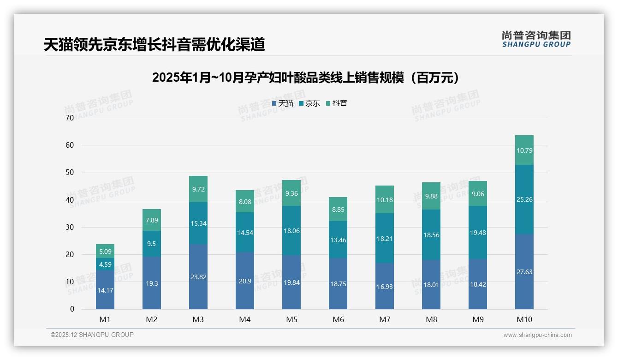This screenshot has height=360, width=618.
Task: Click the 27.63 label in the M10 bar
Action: pos(524,272)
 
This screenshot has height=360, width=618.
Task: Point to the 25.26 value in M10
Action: pos(524,199)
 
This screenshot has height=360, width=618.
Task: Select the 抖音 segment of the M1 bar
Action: pos(105,251)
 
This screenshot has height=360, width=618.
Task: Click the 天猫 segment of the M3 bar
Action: pos(198,277)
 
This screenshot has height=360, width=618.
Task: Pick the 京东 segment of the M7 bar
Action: pos(385,238)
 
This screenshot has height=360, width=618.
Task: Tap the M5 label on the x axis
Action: pos(291,319)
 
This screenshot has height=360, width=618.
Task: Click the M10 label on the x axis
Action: pos(524,319)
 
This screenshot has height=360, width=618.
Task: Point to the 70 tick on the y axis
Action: pos(70,118)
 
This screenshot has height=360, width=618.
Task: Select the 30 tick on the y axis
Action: pos(70,227)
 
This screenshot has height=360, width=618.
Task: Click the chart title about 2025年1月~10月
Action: pos(306,78)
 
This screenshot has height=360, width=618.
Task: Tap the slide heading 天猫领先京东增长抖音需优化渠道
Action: pos(154,44)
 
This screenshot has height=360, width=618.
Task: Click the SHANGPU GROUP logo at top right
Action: pos(536,39)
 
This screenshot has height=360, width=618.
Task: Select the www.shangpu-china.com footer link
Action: pos(537,335)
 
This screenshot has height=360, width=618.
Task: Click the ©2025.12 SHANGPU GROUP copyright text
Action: pos(92,335)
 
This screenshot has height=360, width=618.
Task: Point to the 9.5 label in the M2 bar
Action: pos(152,244)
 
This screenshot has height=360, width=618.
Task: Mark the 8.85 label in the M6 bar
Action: pos(338,209)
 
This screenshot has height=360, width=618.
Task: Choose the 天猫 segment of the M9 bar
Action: pos(478,284)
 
